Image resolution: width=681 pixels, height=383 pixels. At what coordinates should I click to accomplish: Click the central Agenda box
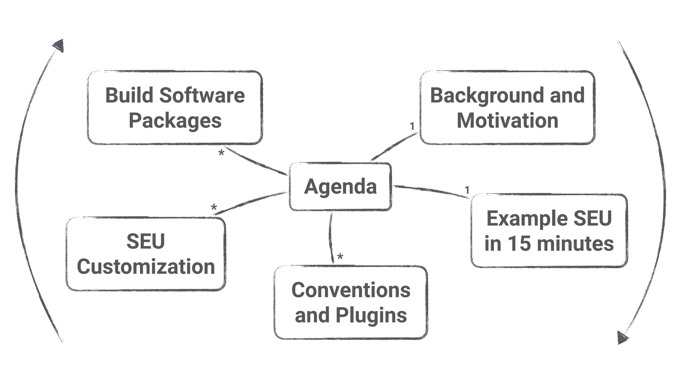pos(340,187)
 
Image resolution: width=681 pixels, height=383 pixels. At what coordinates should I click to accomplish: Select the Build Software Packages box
pos(175,107)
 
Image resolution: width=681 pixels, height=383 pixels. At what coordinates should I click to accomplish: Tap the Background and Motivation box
pos(507,107)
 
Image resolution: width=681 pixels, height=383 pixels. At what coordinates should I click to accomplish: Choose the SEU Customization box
pos(146,254)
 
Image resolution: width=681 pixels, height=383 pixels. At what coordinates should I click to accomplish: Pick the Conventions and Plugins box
pos(351,302)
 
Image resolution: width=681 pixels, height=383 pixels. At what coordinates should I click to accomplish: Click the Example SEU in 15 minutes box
pos(549,230)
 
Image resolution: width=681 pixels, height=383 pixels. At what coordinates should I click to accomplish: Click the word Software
pos(202,95)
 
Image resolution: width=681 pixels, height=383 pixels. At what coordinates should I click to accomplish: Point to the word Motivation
pos(507,120)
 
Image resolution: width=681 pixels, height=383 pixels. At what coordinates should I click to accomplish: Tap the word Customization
pos(146,267)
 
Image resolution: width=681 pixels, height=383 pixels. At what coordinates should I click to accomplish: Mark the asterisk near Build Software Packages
pos(221,153)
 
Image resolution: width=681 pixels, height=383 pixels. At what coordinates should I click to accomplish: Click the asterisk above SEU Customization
pos(214,208)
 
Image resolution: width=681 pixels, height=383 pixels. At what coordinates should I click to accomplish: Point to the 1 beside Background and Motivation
pos(412,126)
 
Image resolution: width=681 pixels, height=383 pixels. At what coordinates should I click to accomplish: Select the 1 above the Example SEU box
pos(467,190)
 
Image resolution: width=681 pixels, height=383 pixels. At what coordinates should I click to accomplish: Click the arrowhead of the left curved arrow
pos(59,46)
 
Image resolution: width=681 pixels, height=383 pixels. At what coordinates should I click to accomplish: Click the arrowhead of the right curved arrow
pos(622,337)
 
